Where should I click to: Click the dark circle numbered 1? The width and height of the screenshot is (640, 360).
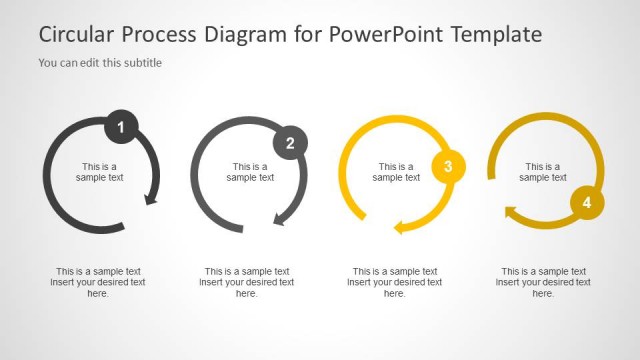[x=121, y=127]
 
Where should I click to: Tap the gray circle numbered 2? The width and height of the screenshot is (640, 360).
[x=290, y=143]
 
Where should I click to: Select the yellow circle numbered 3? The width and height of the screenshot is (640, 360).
[x=448, y=167]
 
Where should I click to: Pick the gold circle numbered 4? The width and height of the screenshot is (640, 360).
[x=587, y=203]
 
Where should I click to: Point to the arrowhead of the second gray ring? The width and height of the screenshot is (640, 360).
[x=281, y=217]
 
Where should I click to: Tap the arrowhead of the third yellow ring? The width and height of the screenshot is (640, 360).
[x=400, y=227]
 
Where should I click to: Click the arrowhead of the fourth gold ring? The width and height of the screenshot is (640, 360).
[x=511, y=211]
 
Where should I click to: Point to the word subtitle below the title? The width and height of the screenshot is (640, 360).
[x=141, y=63]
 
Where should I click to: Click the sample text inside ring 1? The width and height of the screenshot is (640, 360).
[x=99, y=172]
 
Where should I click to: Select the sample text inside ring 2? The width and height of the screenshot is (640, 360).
[x=250, y=172]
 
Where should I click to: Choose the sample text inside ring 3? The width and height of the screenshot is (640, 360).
[x=396, y=172]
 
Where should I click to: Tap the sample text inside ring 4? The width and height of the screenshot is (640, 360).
[x=543, y=172]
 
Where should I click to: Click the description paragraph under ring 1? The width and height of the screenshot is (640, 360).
[x=98, y=282]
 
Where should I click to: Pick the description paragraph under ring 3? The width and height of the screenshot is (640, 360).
[x=395, y=282]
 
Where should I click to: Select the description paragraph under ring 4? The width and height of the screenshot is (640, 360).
[x=543, y=282]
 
